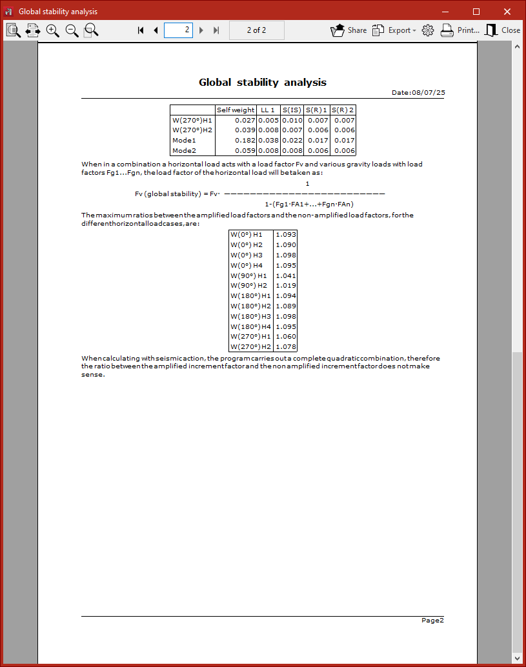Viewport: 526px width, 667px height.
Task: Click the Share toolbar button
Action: pyautogui.click(x=349, y=30)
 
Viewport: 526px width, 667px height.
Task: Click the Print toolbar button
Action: pyautogui.click(x=460, y=30)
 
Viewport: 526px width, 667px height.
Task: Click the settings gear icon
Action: pyautogui.click(x=427, y=30)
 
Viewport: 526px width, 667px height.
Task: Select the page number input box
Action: pyautogui.click(x=178, y=30)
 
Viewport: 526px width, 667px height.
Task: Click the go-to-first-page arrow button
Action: pyautogui.click(x=141, y=30)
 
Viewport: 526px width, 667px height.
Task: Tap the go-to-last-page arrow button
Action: pyautogui.click(x=216, y=30)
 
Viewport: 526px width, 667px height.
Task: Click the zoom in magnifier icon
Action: pyautogui.click(x=53, y=30)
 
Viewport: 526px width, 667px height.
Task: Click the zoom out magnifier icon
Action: pyautogui.click(x=72, y=30)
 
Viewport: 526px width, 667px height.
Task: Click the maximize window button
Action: pyautogui.click(x=476, y=12)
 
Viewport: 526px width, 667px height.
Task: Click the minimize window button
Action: pyautogui.click(x=446, y=12)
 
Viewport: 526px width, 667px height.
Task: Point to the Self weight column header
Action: pyautogui.click(x=236, y=110)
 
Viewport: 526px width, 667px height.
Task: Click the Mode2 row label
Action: pyautogui.click(x=184, y=150)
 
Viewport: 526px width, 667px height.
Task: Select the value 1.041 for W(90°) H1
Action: pyautogui.click(x=285, y=275)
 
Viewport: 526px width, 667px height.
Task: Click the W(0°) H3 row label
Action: pyautogui.click(x=247, y=255)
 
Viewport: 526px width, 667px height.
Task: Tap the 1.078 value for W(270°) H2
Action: pyautogui.click(x=285, y=346)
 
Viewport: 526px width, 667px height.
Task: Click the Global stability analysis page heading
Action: pyautogui.click(x=263, y=82)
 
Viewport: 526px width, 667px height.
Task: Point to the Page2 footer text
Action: pyautogui.click(x=432, y=620)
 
